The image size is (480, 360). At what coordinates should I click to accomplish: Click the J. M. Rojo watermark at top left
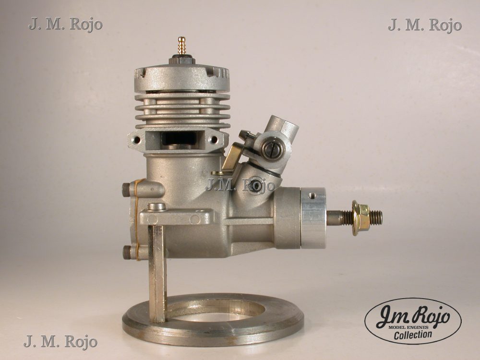coord(65,24)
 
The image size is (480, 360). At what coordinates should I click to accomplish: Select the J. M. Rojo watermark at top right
coord(425,25)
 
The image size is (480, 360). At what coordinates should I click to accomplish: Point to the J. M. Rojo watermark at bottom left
coord(60,342)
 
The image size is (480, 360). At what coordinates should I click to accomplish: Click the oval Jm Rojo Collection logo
coord(413,321)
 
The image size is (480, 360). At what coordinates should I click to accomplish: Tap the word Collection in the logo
coord(413,334)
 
